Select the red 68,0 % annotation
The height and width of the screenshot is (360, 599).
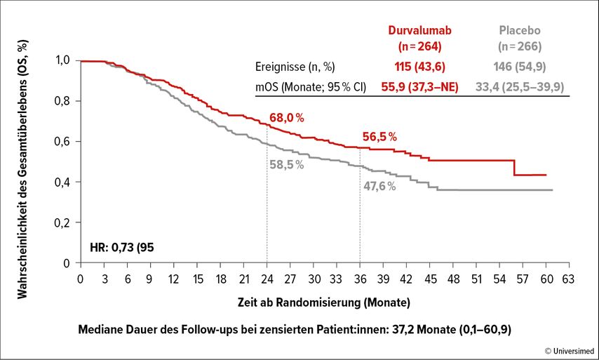coord(287,117)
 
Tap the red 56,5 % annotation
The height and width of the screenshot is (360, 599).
coord(379,136)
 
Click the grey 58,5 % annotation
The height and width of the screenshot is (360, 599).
coord(286,165)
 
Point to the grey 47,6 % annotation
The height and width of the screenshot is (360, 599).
coord(379,186)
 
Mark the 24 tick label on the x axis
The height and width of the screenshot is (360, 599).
coord(267,279)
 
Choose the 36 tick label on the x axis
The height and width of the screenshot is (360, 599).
coord(360,279)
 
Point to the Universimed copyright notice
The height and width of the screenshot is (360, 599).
coord(569,349)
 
